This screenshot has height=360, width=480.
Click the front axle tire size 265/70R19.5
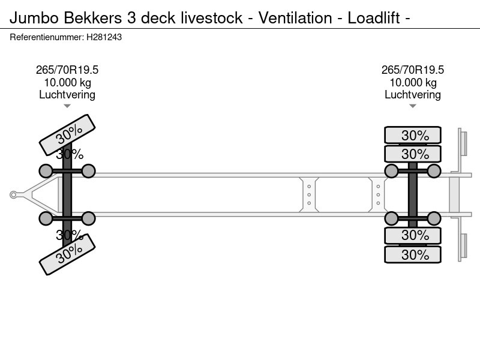tap(67, 70)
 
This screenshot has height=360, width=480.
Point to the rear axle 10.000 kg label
tap(413, 83)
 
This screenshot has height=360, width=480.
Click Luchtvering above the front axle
tap(67, 95)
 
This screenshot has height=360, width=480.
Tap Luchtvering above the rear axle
tap(413, 95)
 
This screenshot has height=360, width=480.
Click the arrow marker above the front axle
tap(67, 106)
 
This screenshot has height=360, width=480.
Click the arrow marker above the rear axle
tap(413, 106)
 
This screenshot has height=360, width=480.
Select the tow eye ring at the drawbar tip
tap(13, 194)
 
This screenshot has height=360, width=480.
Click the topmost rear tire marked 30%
tap(413, 135)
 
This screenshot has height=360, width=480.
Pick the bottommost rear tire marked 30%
tap(413, 254)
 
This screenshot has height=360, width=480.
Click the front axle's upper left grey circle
tap(46, 172)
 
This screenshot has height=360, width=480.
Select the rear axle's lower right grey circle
tap(434, 218)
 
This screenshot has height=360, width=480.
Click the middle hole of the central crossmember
tap(309, 194)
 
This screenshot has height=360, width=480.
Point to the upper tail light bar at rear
tap(463, 142)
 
